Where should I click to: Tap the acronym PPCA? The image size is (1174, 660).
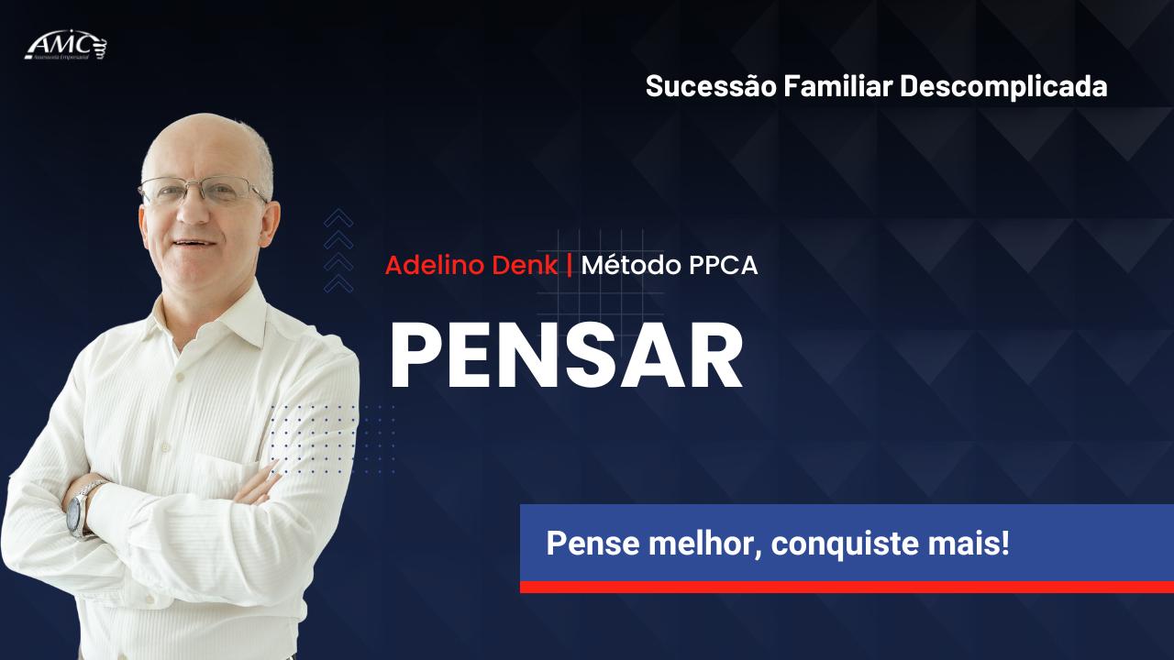click(x=725, y=266)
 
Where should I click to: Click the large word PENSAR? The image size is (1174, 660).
click(x=566, y=357)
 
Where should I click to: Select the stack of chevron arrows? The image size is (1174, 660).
click(x=338, y=250)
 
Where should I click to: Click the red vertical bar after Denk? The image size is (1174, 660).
click(x=570, y=266)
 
